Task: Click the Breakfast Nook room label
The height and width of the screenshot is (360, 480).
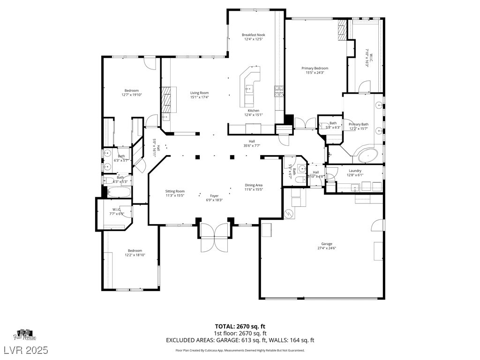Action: pos(253,35)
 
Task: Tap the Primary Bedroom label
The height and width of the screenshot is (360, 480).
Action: pos(315,68)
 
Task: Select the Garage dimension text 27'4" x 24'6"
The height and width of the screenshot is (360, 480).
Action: pos(327,248)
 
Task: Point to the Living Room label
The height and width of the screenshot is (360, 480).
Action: pos(199,93)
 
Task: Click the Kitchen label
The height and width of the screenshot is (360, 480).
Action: pos(253,111)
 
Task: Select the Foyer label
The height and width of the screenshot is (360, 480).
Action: pos(214,196)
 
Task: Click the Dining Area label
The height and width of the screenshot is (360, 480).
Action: pos(254,185)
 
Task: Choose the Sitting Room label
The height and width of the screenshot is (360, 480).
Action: pos(175,191)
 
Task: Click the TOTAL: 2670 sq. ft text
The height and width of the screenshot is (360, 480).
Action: pos(240,326)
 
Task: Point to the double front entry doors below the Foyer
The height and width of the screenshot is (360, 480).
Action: pos(214,237)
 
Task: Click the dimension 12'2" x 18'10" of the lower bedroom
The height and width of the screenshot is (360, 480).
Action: pos(133,255)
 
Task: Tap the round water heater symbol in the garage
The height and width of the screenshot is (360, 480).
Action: pos(289,214)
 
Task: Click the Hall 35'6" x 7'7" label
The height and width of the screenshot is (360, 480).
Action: pos(252,143)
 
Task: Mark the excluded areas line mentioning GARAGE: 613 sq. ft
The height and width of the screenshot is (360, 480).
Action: pos(240,340)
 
